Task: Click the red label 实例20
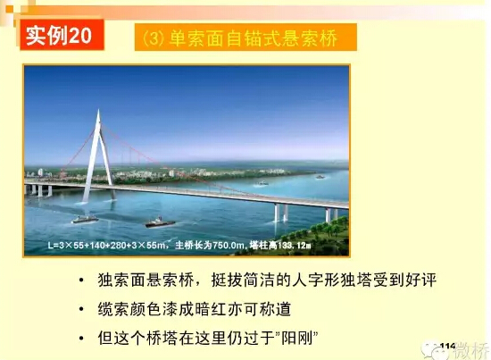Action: click(x=62, y=35)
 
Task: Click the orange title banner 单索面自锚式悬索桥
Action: click(x=245, y=38)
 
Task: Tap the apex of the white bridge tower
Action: click(x=98, y=110)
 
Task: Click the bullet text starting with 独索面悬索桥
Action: click(x=267, y=280)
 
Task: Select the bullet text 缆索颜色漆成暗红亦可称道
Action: click(x=195, y=309)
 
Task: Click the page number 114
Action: click(x=447, y=346)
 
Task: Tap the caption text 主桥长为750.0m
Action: click(x=210, y=245)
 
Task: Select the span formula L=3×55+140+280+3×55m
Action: click(x=106, y=245)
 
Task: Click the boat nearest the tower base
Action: click(x=85, y=219)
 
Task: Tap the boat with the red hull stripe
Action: click(x=160, y=222)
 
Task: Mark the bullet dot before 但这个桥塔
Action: click(x=81, y=339)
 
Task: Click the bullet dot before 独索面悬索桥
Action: click(x=81, y=280)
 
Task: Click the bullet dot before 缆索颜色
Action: click(x=81, y=309)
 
